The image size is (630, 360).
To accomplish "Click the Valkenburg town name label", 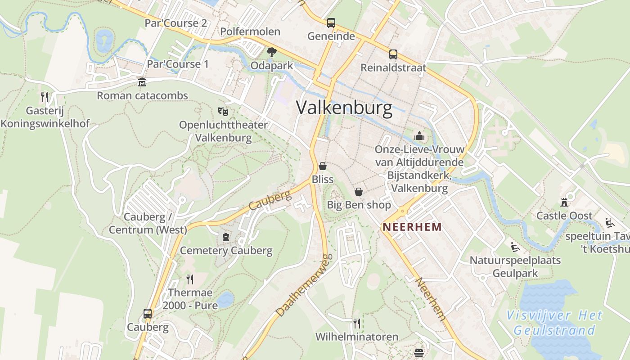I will pyautogui.click(x=344, y=108).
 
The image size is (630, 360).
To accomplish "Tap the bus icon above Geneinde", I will pyautogui.click(x=331, y=22).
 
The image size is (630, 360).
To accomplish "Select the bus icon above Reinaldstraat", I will pyautogui.click(x=393, y=54).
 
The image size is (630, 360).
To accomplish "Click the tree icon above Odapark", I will pyautogui.click(x=271, y=52).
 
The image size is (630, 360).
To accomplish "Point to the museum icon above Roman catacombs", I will pyautogui.click(x=142, y=82).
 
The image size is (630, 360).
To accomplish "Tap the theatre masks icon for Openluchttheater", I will pyautogui.click(x=223, y=111).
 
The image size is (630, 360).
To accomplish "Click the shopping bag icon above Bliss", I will pyautogui.click(x=323, y=166).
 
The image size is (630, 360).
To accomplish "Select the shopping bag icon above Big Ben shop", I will pyautogui.click(x=359, y=192).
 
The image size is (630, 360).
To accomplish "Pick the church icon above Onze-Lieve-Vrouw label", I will pyautogui.click(x=419, y=135).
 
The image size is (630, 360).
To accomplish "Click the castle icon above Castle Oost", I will pyautogui.click(x=564, y=202).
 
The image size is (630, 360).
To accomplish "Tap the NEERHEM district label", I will pyautogui.click(x=412, y=227).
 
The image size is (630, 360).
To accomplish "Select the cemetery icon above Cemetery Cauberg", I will pyautogui.click(x=226, y=237).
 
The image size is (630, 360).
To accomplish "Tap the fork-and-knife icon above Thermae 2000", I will pyautogui.click(x=190, y=279).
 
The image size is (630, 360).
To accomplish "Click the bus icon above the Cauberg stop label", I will pyautogui.click(x=148, y=313).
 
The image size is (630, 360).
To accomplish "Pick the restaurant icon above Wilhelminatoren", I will pyautogui.click(x=357, y=323).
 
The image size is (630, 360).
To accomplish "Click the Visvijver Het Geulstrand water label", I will pyautogui.click(x=554, y=323).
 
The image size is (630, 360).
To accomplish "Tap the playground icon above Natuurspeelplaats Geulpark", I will pyautogui.click(x=515, y=247).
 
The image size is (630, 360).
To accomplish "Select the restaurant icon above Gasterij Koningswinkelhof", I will pyautogui.click(x=45, y=97).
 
